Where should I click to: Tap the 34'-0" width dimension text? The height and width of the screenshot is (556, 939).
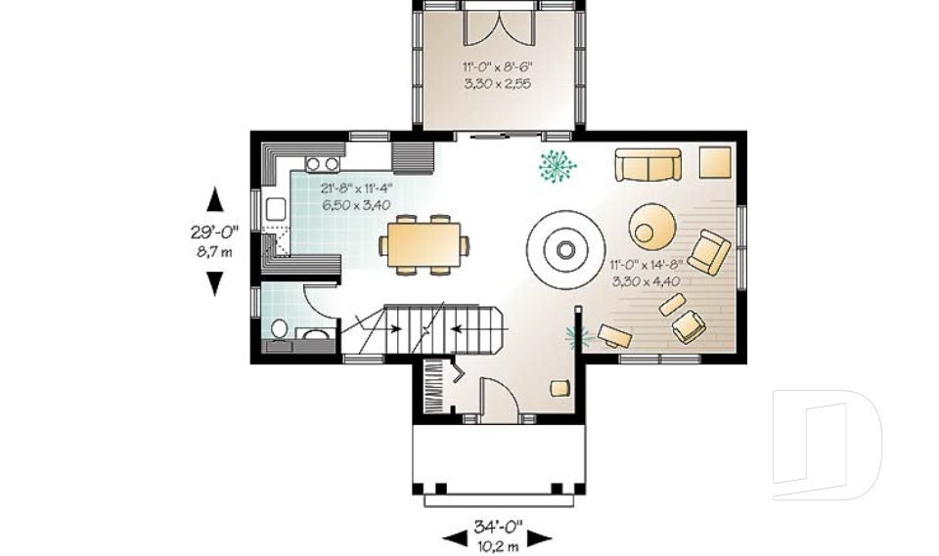(498, 527)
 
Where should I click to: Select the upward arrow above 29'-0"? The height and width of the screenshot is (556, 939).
(215, 200)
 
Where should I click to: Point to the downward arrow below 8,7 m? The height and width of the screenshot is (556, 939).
(215, 283)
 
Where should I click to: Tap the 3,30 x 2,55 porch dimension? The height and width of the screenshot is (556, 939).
(498, 84)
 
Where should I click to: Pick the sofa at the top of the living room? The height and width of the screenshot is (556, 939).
(648, 164)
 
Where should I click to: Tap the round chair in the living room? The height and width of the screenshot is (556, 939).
(650, 225)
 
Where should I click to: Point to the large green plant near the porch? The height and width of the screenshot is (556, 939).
(558, 167)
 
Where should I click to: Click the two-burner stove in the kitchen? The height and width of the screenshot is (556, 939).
(322, 164)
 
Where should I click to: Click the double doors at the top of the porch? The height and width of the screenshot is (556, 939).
(498, 26)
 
